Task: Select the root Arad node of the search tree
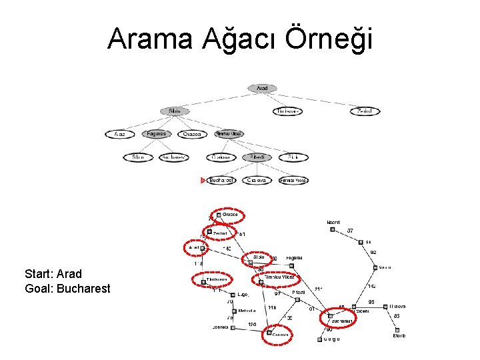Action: [262, 88]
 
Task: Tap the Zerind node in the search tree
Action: [365, 111]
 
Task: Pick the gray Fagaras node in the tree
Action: [157, 134]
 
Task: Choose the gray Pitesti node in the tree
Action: [257, 157]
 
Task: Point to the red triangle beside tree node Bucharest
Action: [203, 180]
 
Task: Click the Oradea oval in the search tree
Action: [193, 134]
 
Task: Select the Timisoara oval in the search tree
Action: [287, 111]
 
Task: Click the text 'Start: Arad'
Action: [53, 274]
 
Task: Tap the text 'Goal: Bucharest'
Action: [67, 289]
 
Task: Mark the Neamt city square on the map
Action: [332, 229]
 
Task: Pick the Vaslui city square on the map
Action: [375, 267]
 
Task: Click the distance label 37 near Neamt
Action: [351, 231]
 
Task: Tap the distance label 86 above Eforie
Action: [396, 316]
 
